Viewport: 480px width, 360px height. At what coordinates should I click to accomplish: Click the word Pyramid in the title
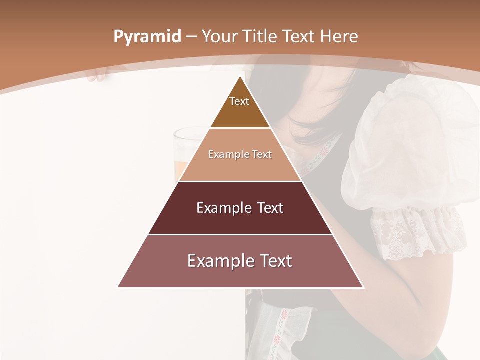pyautogui.click(x=147, y=37)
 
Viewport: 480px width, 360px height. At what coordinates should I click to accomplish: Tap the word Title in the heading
pyautogui.click(x=260, y=37)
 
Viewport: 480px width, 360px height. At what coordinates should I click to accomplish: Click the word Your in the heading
pyautogui.click(x=220, y=37)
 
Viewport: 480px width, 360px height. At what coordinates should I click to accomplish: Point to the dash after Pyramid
pyautogui.click(x=191, y=37)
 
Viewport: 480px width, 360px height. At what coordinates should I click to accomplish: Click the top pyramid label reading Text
pyautogui.click(x=239, y=101)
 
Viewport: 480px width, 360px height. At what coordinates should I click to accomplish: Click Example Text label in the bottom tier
pyautogui.click(x=240, y=261)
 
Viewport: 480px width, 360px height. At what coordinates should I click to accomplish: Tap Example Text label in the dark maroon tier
pyautogui.click(x=240, y=208)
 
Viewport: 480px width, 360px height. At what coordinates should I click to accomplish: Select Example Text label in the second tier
pyautogui.click(x=240, y=154)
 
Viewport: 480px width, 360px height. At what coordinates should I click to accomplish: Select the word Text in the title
pyautogui.click(x=299, y=37)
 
